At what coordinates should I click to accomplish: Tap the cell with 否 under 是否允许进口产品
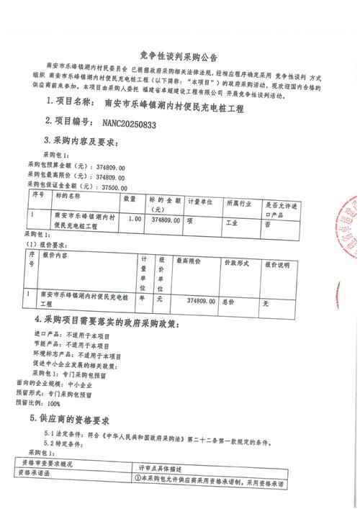tap(267, 224)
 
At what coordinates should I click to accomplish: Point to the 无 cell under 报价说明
tap(265, 304)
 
